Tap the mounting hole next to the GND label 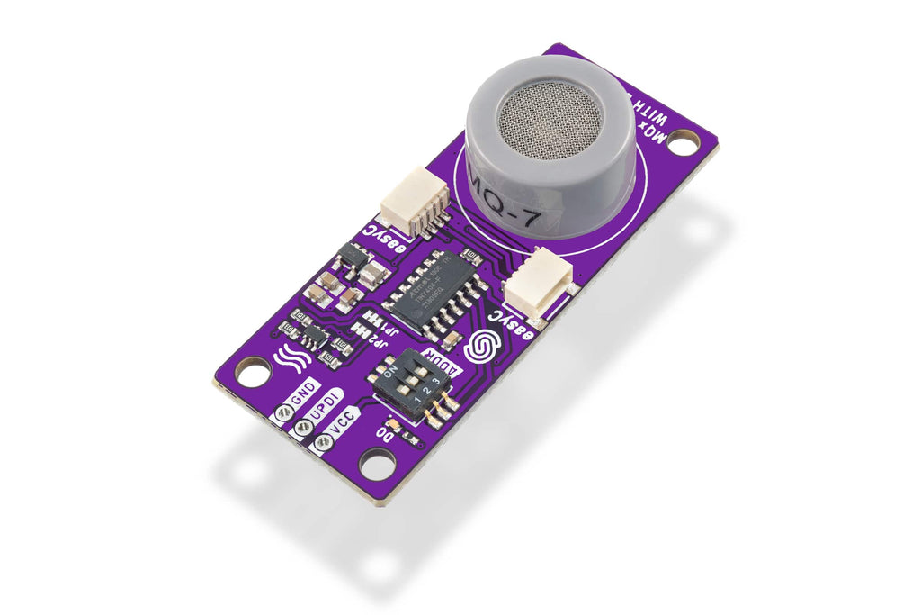point(253,371)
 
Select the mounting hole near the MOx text point(684,142)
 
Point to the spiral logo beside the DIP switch point(486,346)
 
